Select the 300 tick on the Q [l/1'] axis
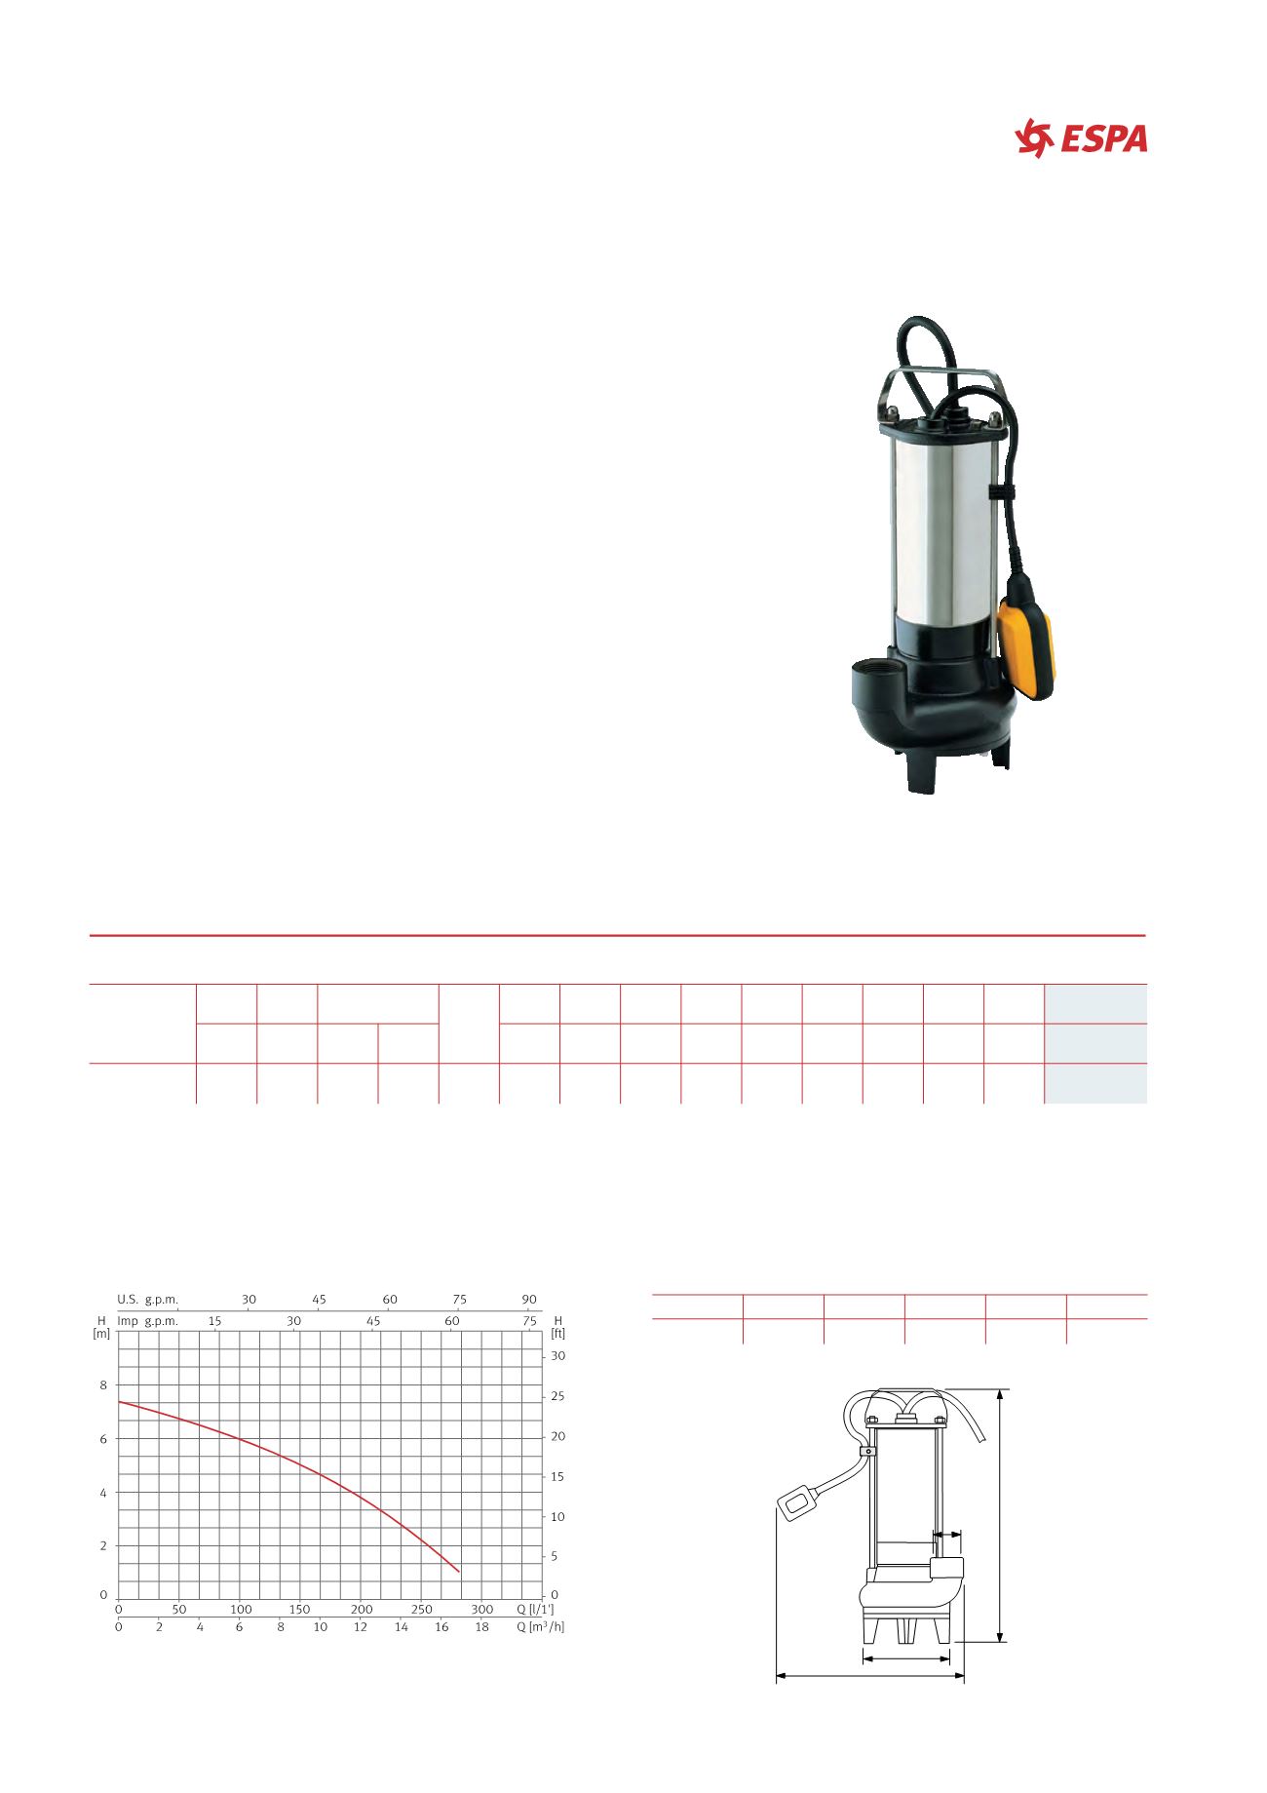pos(481,1609)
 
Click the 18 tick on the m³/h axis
pos(481,1626)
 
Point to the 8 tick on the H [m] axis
pos(103,1384)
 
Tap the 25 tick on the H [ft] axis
pos(558,1396)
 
